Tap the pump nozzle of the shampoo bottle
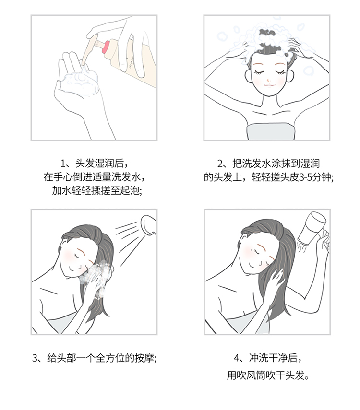click(x=88, y=50)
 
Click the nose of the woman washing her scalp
click(x=269, y=79)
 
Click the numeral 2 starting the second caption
click(x=220, y=164)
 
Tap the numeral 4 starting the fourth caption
click(x=237, y=358)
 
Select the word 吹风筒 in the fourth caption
click(x=251, y=375)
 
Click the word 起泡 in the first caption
click(x=130, y=191)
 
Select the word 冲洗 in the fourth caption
click(x=258, y=358)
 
